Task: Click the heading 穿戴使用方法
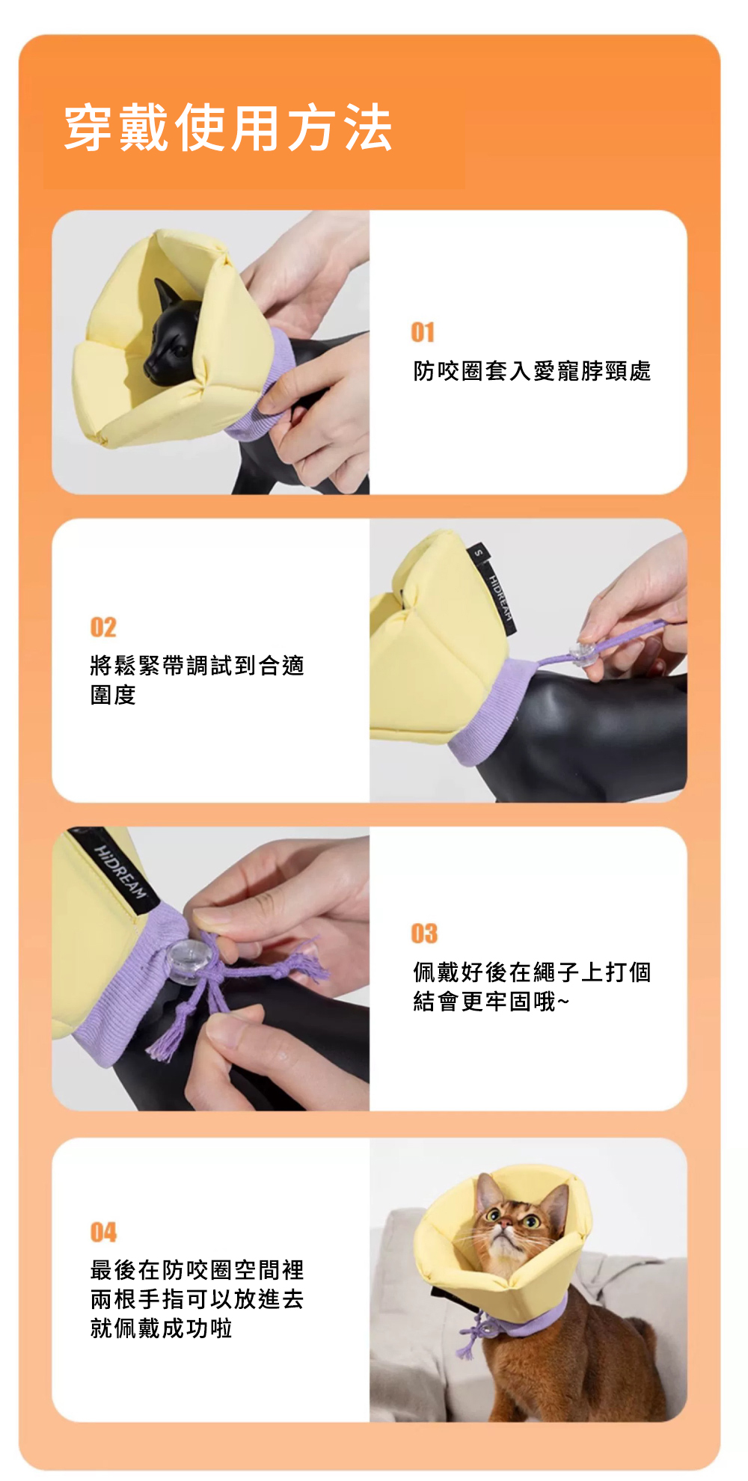pyautogui.click(x=228, y=128)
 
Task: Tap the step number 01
pyautogui.click(x=423, y=332)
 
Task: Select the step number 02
pyautogui.click(x=103, y=627)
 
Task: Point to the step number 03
pyautogui.click(x=424, y=933)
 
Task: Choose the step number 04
pyautogui.click(x=103, y=1232)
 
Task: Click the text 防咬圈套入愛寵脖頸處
pyautogui.click(x=532, y=370)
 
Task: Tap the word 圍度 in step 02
pyautogui.click(x=113, y=695)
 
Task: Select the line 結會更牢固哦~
pyautogui.click(x=491, y=1001)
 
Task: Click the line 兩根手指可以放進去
pyautogui.click(x=197, y=1299)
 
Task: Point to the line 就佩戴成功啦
pyautogui.click(x=161, y=1328)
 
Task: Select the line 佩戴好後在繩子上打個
pyautogui.click(x=532, y=972)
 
